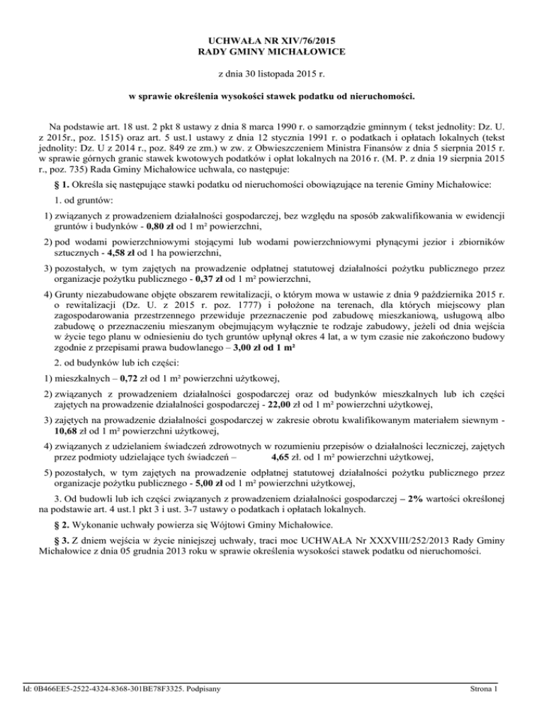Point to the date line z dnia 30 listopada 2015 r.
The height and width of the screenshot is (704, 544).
pyautogui.click(x=272, y=73)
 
